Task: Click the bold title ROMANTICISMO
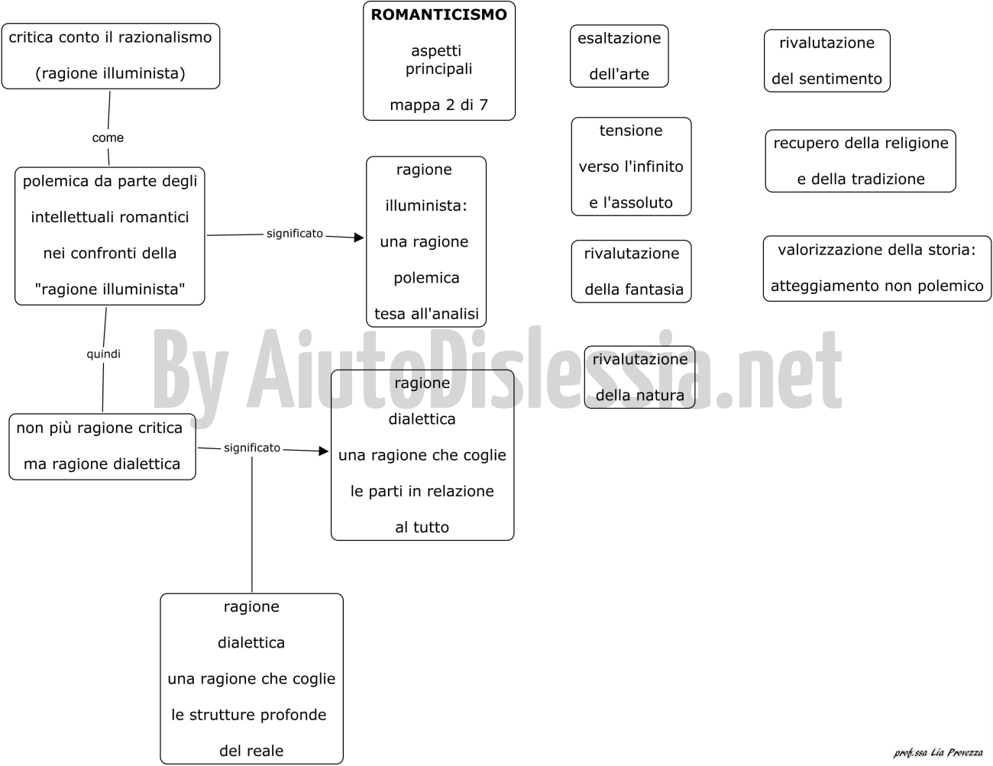pyautogui.click(x=438, y=15)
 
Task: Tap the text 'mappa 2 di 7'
pyautogui.click(x=438, y=105)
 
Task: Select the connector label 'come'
pyautogui.click(x=108, y=137)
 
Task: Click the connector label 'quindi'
pyautogui.click(x=104, y=354)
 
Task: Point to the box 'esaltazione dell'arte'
pyautogui.click(x=619, y=57)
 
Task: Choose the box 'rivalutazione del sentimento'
pyautogui.click(x=826, y=61)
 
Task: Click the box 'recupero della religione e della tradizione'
pyautogui.click(x=861, y=161)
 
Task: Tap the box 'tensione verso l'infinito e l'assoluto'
pyautogui.click(x=631, y=166)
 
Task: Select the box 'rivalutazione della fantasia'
pyautogui.click(x=631, y=271)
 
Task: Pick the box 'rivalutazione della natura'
pyautogui.click(x=640, y=377)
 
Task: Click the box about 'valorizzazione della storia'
pyautogui.click(x=877, y=268)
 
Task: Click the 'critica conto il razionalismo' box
pyautogui.click(x=111, y=56)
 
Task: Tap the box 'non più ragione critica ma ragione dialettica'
pyautogui.click(x=102, y=446)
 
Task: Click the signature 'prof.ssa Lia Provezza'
pyautogui.click(x=938, y=752)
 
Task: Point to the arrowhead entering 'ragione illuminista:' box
pyautogui.click(x=359, y=238)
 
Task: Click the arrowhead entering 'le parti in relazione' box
pyautogui.click(x=324, y=451)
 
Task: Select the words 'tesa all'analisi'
pyautogui.click(x=426, y=314)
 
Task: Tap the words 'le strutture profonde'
pyautogui.click(x=249, y=715)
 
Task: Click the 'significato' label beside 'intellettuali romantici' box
pyautogui.click(x=295, y=234)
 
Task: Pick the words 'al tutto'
pyautogui.click(x=422, y=527)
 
